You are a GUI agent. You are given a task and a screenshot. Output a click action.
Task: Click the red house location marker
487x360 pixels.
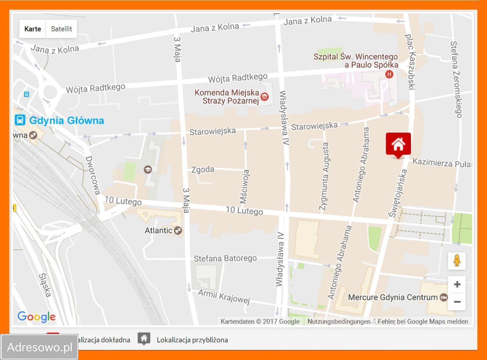[x=398, y=144]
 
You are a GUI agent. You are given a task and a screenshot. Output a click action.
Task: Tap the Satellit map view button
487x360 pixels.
[x=61, y=29]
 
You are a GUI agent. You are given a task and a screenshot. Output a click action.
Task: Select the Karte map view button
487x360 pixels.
[x=33, y=29]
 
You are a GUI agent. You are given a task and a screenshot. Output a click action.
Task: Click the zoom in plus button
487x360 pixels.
[x=457, y=284]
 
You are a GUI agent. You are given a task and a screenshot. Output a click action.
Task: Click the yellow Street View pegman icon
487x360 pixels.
[x=457, y=261]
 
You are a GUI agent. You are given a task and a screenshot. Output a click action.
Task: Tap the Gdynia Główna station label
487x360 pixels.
[x=66, y=121]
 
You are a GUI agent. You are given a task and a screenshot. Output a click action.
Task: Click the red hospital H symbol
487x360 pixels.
[x=389, y=74]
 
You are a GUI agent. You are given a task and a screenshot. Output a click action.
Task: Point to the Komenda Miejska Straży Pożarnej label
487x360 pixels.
[x=227, y=97]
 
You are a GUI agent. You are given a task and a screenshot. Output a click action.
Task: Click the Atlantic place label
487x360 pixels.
[x=159, y=230]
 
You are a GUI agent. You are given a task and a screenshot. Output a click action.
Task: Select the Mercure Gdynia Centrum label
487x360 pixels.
[x=393, y=297]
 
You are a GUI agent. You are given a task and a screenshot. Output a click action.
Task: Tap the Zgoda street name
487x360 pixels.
[x=203, y=170]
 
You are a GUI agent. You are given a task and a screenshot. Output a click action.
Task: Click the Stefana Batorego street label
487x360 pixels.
[x=225, y=259]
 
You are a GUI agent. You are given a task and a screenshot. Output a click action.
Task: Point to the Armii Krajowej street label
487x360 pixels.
[x=224, y=297]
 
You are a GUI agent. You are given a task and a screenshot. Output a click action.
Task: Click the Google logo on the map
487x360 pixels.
[x=37, y=317]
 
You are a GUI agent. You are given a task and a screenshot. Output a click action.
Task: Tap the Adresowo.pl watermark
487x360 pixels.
[x=40, y=347]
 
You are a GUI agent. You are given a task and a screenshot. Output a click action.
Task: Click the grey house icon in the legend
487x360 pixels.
[x=143, y=339]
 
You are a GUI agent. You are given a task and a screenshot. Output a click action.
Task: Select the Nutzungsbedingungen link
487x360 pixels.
[x=339, y=322]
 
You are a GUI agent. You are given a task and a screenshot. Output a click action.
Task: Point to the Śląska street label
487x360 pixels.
[x=45, y=285]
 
